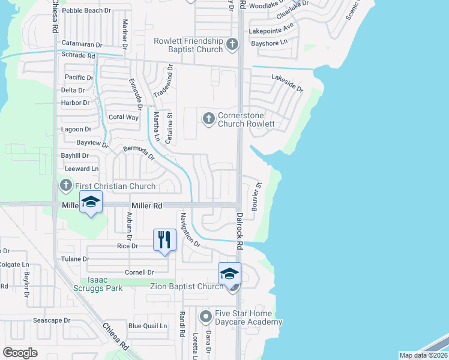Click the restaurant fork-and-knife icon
[163, 239]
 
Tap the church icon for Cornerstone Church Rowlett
[208, 119]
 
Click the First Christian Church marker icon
[65, 186]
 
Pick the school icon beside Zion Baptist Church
[229, 274]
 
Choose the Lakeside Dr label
[288, 82]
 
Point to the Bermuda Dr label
[139, 154]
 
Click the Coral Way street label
[123, 118]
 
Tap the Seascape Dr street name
[52, 320]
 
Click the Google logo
[20, 353]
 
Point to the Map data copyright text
[422, 355]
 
